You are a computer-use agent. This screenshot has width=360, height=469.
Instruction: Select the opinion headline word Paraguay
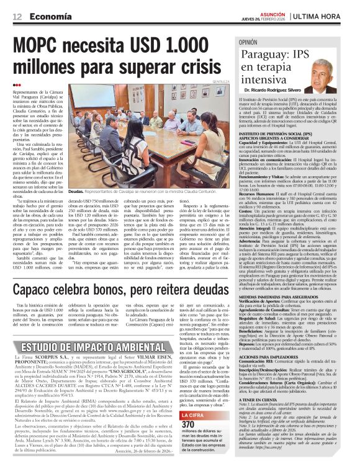click(x=264, y=55)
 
